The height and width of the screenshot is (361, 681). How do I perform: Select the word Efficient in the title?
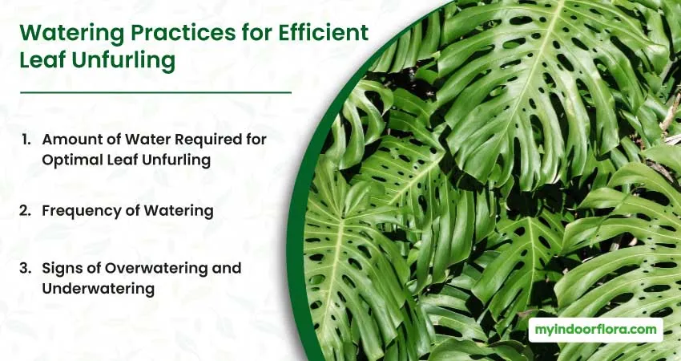tap(324, 33)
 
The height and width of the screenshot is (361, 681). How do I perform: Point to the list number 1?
tap(26, 140)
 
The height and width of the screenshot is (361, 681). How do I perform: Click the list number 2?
tap(25, 211)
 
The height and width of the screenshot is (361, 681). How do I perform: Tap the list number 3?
tap(25, 269)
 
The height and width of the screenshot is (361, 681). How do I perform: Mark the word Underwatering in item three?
tap(99, 288)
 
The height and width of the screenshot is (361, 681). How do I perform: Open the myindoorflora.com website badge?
tap(595, 330)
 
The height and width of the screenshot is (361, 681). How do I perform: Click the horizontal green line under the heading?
tap(155, 92)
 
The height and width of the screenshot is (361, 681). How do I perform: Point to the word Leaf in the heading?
tap(42, 60)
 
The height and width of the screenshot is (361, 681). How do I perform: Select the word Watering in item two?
tap(179, 211)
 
